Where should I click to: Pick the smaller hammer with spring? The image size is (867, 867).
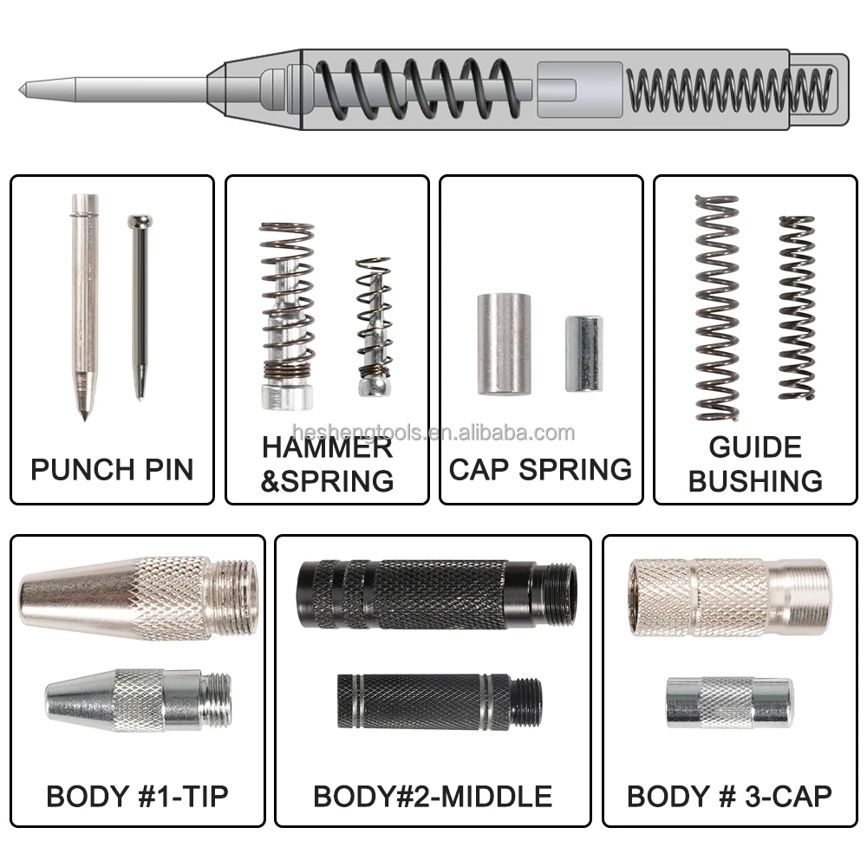click(374, 326)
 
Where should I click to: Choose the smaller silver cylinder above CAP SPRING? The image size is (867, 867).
click(583, 353)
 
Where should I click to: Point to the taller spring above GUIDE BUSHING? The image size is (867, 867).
click(717, 308)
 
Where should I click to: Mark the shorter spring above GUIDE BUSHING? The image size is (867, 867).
click(797, 308)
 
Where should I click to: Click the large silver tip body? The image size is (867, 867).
click(139, 598)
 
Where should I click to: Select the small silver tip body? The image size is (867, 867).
click(137, 699)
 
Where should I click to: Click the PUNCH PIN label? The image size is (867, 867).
click(112, 469)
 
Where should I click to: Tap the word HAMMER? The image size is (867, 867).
click(327, 448)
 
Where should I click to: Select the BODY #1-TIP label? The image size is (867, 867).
click(137, 796)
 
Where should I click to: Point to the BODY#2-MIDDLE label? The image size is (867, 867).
click(433, 796)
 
